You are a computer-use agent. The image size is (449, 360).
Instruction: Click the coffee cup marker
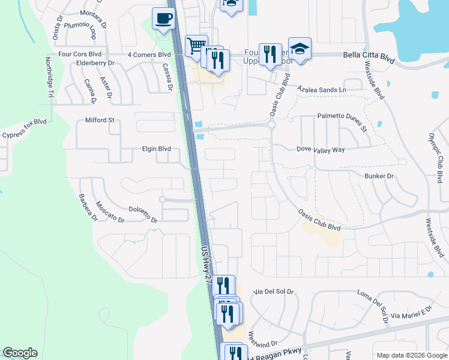click(x=163, y=19)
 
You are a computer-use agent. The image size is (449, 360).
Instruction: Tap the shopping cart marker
click(x=196, y=46)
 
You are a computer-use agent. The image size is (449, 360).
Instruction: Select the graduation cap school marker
click(x=300, y=49)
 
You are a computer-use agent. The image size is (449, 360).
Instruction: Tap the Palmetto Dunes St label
click(x=342, y=122)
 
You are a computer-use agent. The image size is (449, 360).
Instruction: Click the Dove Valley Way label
click(x=321, y=149)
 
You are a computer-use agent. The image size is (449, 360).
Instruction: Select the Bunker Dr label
click(x=379, y=176)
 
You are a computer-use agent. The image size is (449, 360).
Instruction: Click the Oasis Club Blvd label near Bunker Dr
click(x=319, y=220)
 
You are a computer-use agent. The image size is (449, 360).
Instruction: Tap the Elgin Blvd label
click(x=156, y=149)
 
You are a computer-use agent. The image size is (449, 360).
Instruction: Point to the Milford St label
click(x=100, y=120)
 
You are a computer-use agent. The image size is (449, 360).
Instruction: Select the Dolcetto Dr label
click(x=143, y=215)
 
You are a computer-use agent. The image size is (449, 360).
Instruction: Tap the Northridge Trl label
click(x=50, y=78)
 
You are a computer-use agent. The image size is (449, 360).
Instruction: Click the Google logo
click(x=20, y=353)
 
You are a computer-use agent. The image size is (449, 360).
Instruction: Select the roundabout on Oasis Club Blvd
click(x=271, y=126)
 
